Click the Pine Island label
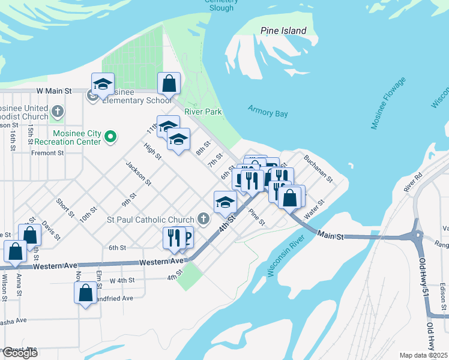pyautogui.click(x=283, y=31)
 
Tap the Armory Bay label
pyautogui.click(x=268, y=113)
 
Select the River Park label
pyautogui.click(x=203, y=112)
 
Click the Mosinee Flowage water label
pyautogui.click(x=388, y=103)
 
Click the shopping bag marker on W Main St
pyautogui.click(x=169, y=83)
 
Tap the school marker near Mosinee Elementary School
pyautogui.click(x=103, y=83)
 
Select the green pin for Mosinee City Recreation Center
pyautogui.click(x=110, y=137)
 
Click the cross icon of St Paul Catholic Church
pyautogui.click(x=204, y=220)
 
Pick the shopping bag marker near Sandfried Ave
pyautogui.click(x=86, y=293)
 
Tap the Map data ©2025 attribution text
pyautogui.click(x=424, y=355)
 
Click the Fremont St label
pyautogui.click(x=47, y=153)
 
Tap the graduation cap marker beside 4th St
pyautogui.click(x=225, y=202)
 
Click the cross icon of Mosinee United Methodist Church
pyautogui.click(x=58, y=111)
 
